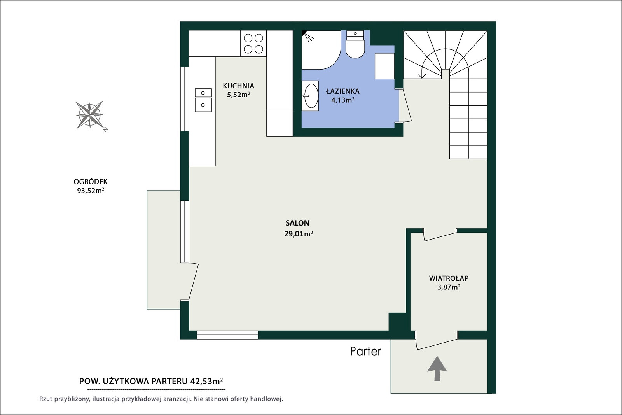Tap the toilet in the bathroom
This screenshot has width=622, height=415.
355,44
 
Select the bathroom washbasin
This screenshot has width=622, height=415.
311,96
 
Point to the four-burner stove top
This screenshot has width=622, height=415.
253,44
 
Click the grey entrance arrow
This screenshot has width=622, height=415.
437,368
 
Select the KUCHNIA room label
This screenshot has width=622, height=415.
239,86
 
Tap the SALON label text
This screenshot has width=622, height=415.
297,223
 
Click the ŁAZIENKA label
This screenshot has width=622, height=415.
342,91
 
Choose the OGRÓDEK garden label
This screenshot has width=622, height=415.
91,182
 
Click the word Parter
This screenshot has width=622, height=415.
366,351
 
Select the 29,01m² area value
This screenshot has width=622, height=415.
299,234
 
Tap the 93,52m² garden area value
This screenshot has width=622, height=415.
91,191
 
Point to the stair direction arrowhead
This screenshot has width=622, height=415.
422,75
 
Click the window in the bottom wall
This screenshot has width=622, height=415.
227,335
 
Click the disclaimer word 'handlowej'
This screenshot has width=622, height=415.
267,399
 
